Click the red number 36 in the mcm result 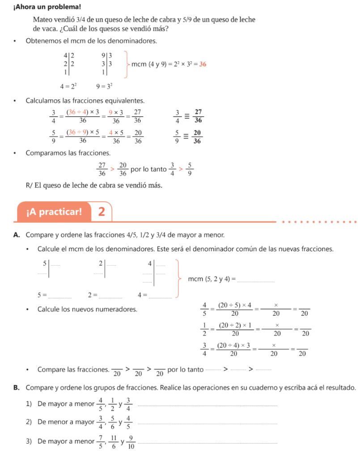coord(203,64)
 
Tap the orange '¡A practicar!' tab coord(54,212)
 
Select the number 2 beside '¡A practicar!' coord(102,212)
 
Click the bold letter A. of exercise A coord(17,234)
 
